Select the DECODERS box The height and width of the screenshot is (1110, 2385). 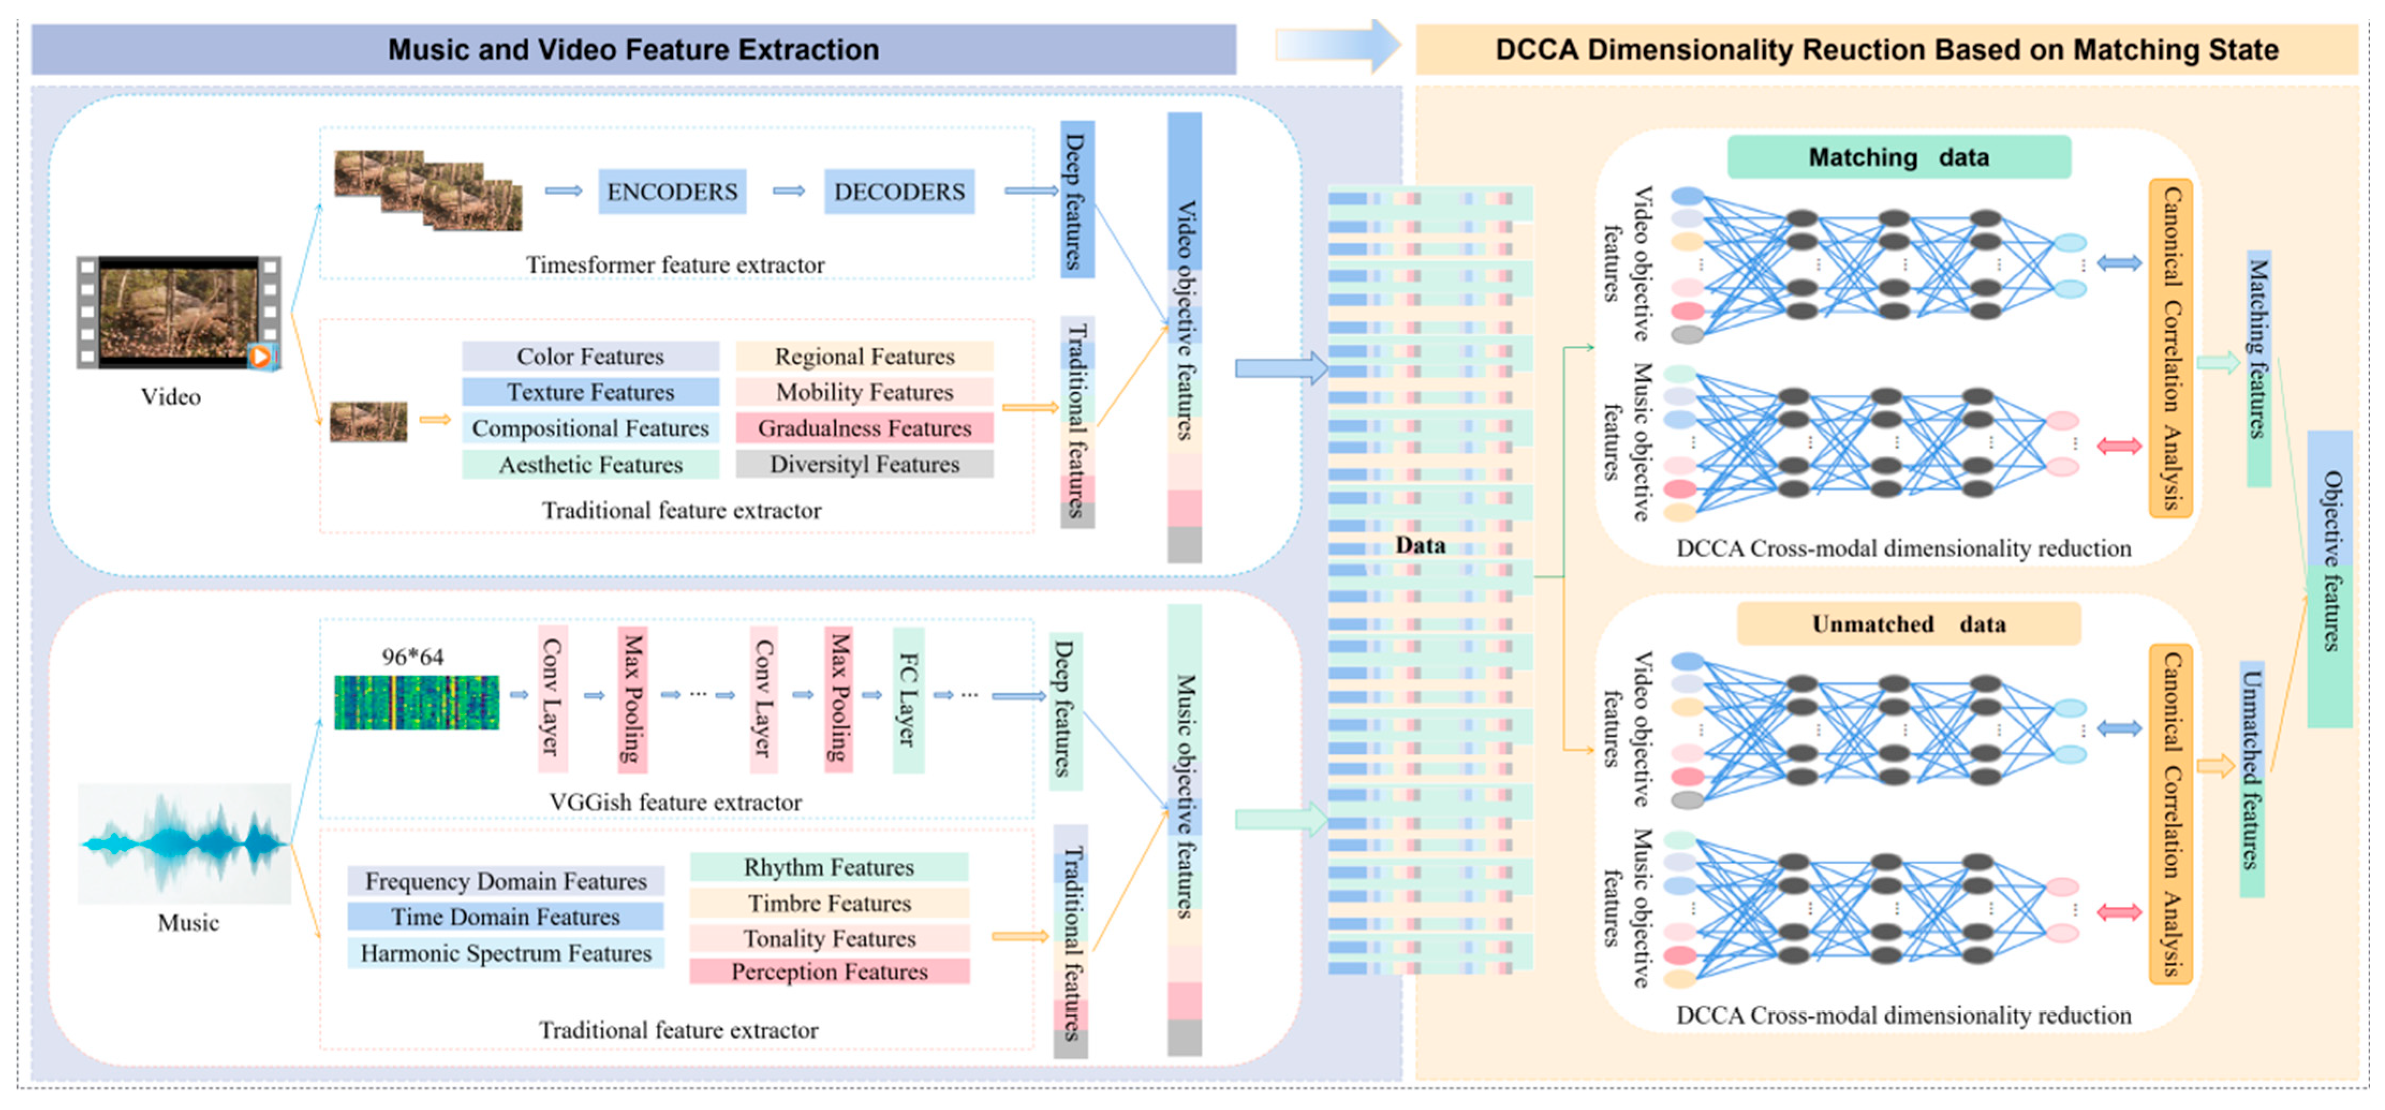click(x=899, y=191)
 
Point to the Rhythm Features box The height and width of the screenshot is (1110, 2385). click(x=828, y=867)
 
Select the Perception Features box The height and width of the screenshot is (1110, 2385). click(x=828, y=971)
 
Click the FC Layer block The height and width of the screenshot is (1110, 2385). click(x=907, y=700)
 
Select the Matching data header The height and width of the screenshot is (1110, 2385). click(x=1898, y=157)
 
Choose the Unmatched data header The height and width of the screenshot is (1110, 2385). click(x=1908, y=624)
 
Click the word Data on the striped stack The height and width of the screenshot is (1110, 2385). click(x=1420, y=545)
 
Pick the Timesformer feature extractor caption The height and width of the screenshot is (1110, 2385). click(x=675, y=265)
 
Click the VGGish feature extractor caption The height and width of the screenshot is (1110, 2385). click(x=675, y=802)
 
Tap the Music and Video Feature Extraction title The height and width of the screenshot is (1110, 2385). click(x=633, y=49)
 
